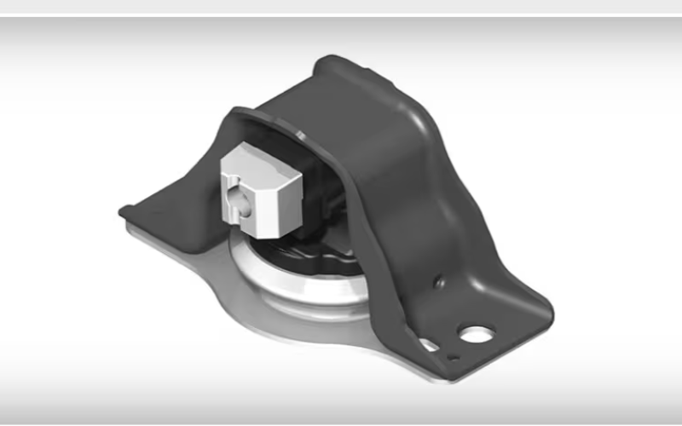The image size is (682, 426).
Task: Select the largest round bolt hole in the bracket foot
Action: coord(478,333)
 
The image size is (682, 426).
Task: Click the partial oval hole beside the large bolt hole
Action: coord(430,345)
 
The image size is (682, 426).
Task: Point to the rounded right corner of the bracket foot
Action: coord(546,307)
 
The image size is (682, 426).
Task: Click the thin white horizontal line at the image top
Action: coord(341,14)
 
